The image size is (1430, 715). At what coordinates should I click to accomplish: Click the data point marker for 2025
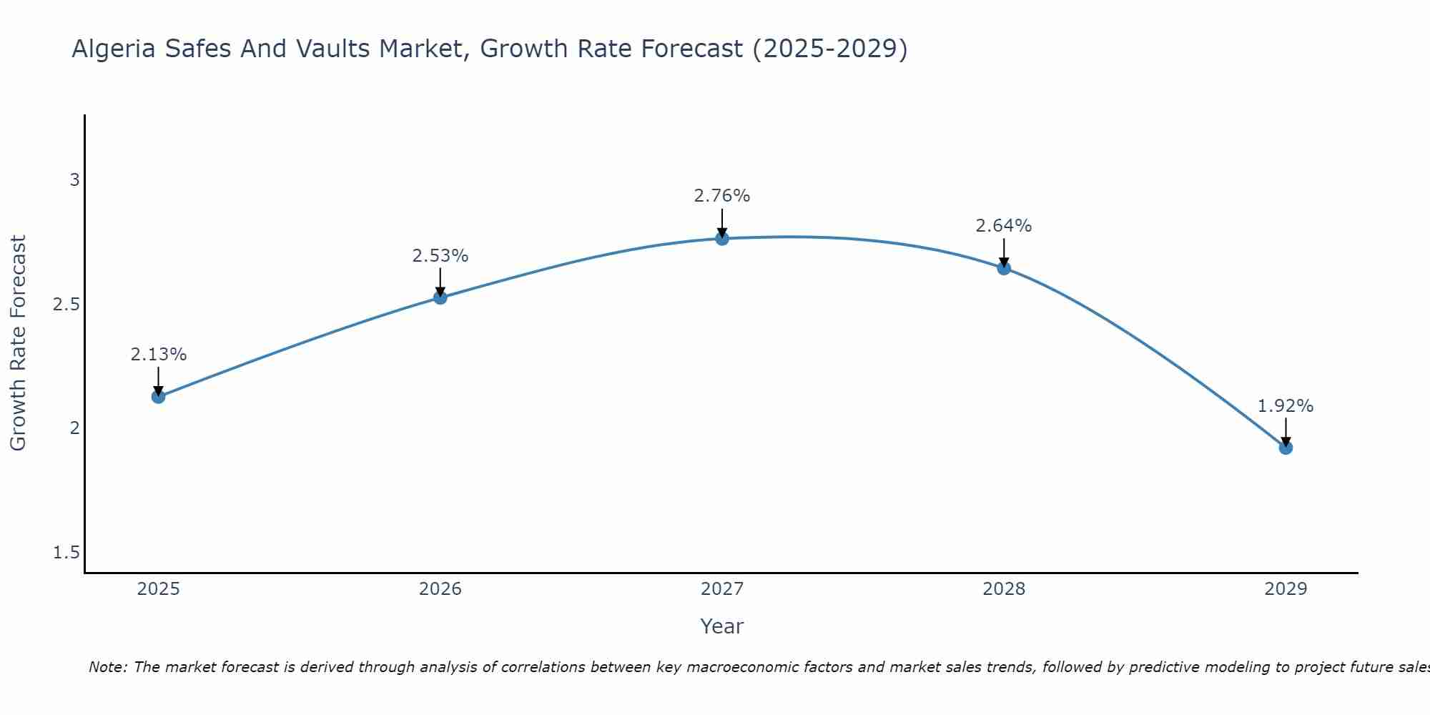[x=159, y=396]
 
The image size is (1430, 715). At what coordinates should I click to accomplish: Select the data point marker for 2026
[x=440, y=297]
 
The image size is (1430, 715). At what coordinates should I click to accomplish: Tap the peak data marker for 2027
[x=722, y=238]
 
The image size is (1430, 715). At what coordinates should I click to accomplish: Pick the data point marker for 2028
[x=1004, y=268]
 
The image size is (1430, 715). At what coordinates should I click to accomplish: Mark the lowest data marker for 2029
[x=1286, y=448]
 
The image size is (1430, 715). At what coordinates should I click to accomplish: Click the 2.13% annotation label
[x=159, y=355]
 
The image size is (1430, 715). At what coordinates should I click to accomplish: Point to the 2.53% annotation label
[x=440, y=256]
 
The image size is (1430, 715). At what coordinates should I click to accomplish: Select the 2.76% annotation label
[x=722, y=196]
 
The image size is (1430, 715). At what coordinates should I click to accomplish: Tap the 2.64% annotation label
[x=1004, y=226]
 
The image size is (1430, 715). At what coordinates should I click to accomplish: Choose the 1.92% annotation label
[x=1286, y=406]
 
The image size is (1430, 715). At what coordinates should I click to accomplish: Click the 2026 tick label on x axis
[x=440, y=589]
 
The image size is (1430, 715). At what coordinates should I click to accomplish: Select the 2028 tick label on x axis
[x=1004, y=589]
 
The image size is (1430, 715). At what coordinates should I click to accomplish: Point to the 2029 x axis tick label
[x=1286, y=589]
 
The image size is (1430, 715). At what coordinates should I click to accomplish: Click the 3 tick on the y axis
[x=74, y=180]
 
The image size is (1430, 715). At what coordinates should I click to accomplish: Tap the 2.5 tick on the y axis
[x=66, y=305]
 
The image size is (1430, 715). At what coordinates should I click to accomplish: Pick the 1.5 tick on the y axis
[x=66, y=553]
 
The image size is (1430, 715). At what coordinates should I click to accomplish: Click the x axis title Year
[x=722, y=626]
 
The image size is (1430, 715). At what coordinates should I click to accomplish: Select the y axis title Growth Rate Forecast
[x=18, y=343]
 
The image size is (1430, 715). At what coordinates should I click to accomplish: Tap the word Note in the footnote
[x=107, y=667]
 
